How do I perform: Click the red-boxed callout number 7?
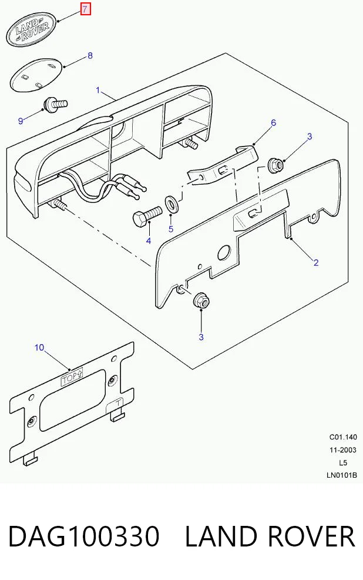tap(85, 9)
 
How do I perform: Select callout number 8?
tap(90, 56)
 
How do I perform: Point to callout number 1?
tap(98, 90)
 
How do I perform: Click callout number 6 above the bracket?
tap(273, 123)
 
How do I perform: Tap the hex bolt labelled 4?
tap(146, 216)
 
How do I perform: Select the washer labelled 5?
tap(171, 203)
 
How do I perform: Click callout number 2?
tap(316, 263)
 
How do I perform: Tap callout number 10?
tap(39, 348)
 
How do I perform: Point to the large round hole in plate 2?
tap(223, 253)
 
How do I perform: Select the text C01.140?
tap(343, 437)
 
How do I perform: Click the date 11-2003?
tap(343, 450)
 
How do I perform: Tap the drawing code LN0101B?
tap(342, 475)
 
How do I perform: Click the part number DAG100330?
tap(84, 536)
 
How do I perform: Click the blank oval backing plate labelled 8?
tap(37, 75)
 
